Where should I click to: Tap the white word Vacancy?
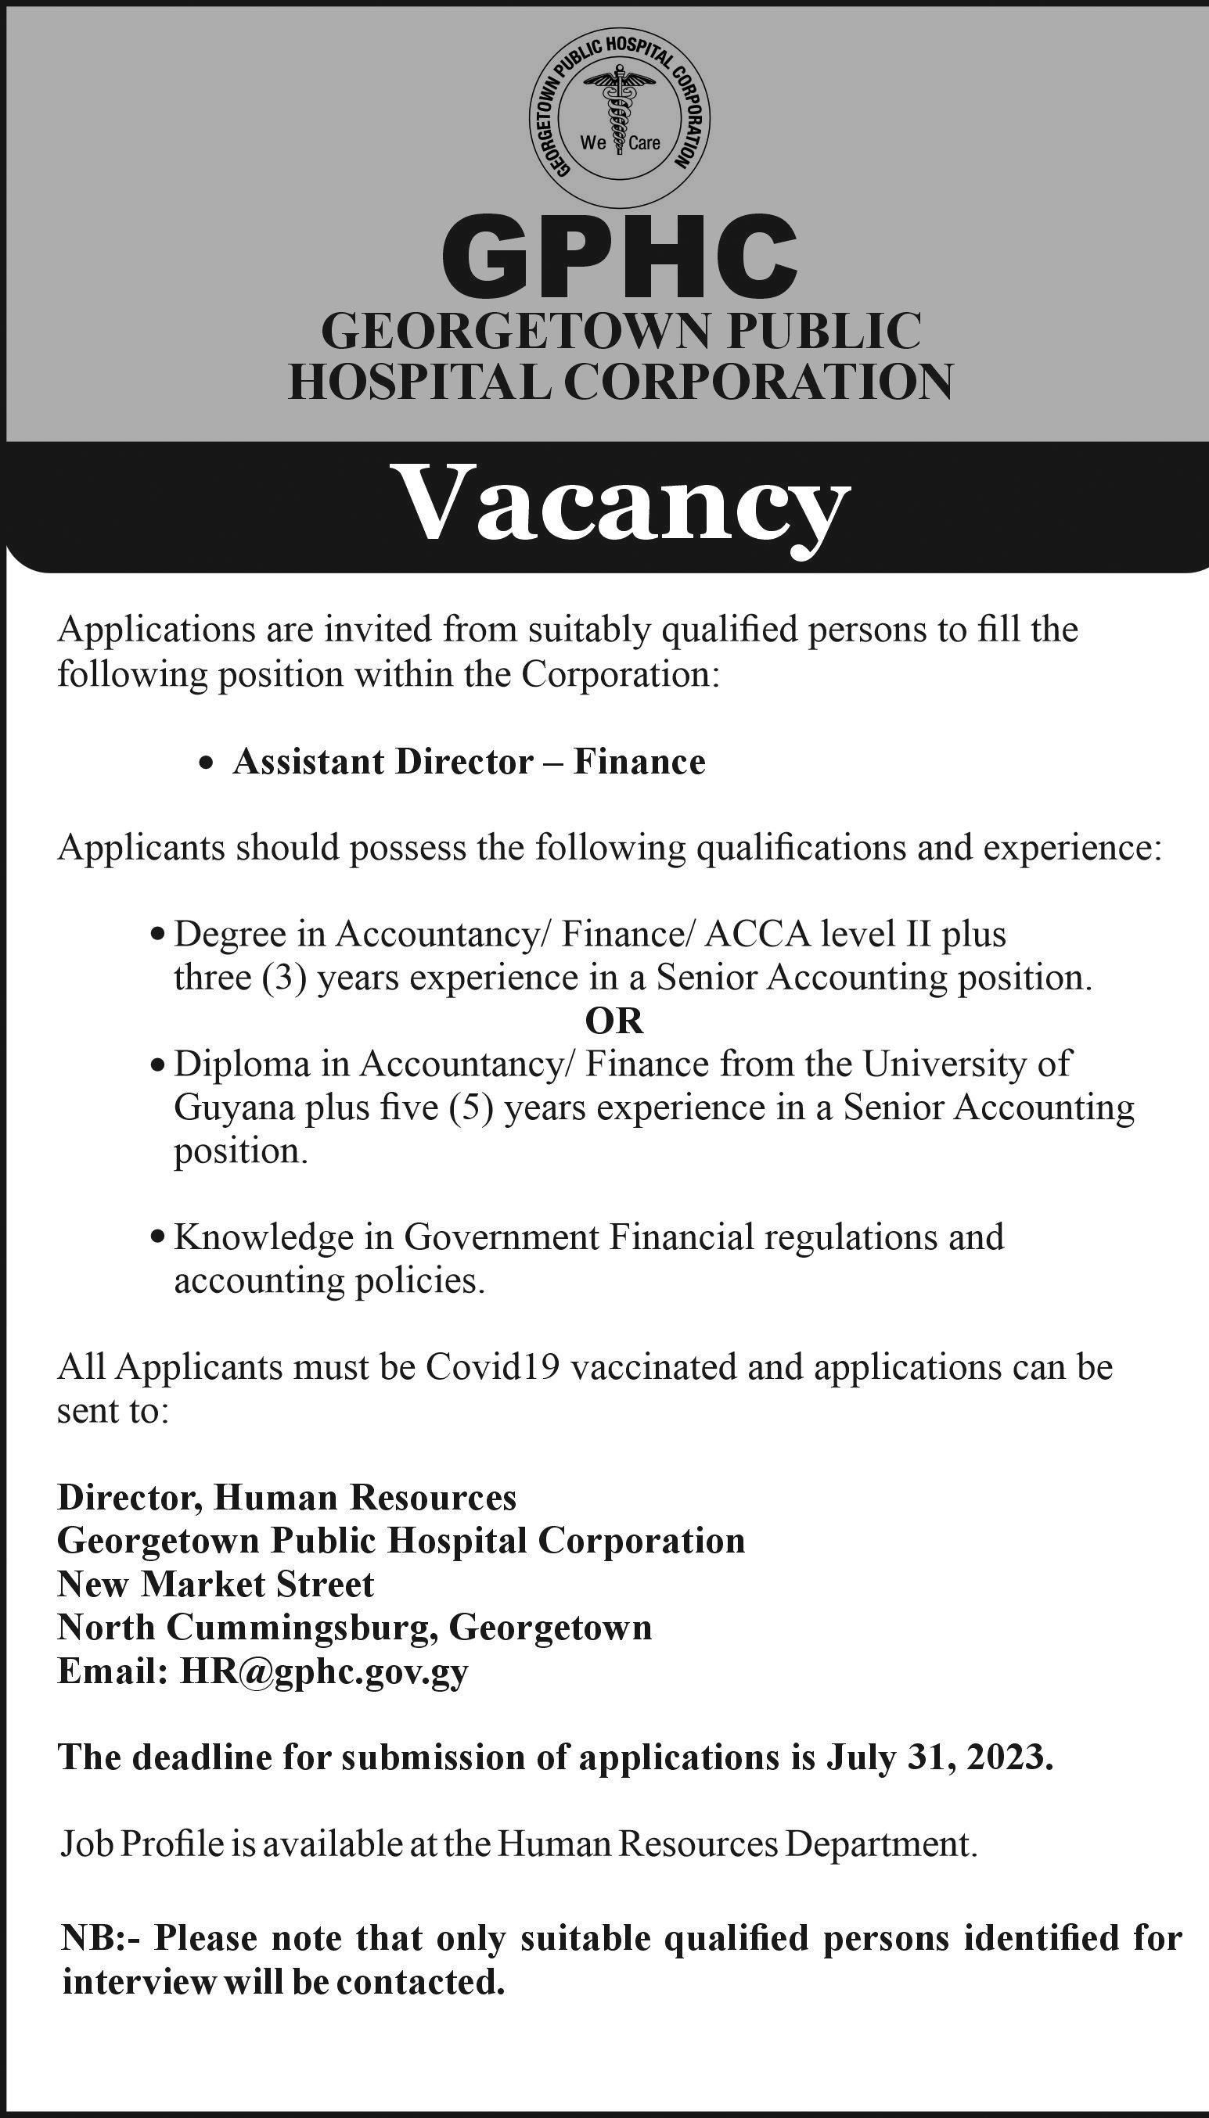[x=624, y=505]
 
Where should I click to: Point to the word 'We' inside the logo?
[x=593, y=143]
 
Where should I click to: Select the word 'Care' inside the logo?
[x=644, y=144]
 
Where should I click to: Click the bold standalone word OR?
[x=614, y=1021]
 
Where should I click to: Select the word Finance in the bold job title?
[x=639, y=762]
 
